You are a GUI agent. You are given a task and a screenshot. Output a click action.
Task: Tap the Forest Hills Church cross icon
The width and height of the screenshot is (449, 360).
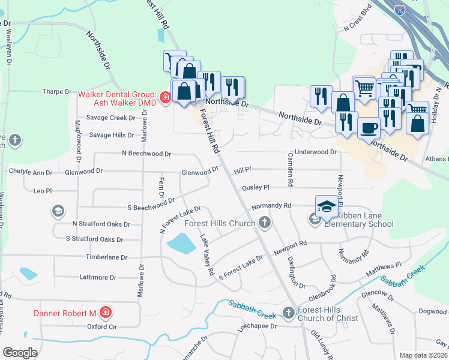(264, 223)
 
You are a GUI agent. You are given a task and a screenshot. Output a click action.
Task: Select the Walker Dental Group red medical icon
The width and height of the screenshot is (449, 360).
(166, 95)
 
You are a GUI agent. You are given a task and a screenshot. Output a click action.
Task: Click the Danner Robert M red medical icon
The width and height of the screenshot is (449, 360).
(105, 313)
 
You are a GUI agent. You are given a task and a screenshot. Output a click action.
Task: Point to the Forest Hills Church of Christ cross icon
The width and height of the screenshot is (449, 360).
(289, 313)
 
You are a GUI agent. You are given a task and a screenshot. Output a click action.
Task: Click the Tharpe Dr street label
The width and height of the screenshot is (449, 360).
(57, 92)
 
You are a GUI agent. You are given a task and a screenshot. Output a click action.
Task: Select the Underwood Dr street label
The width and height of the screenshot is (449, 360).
(316, 152)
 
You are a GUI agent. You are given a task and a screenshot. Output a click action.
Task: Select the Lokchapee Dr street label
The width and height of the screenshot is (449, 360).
(256, 326)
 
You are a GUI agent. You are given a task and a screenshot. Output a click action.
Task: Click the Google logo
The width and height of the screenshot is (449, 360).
(20, 353)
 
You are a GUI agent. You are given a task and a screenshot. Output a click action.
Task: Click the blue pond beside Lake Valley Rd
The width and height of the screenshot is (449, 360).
(181, 244)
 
